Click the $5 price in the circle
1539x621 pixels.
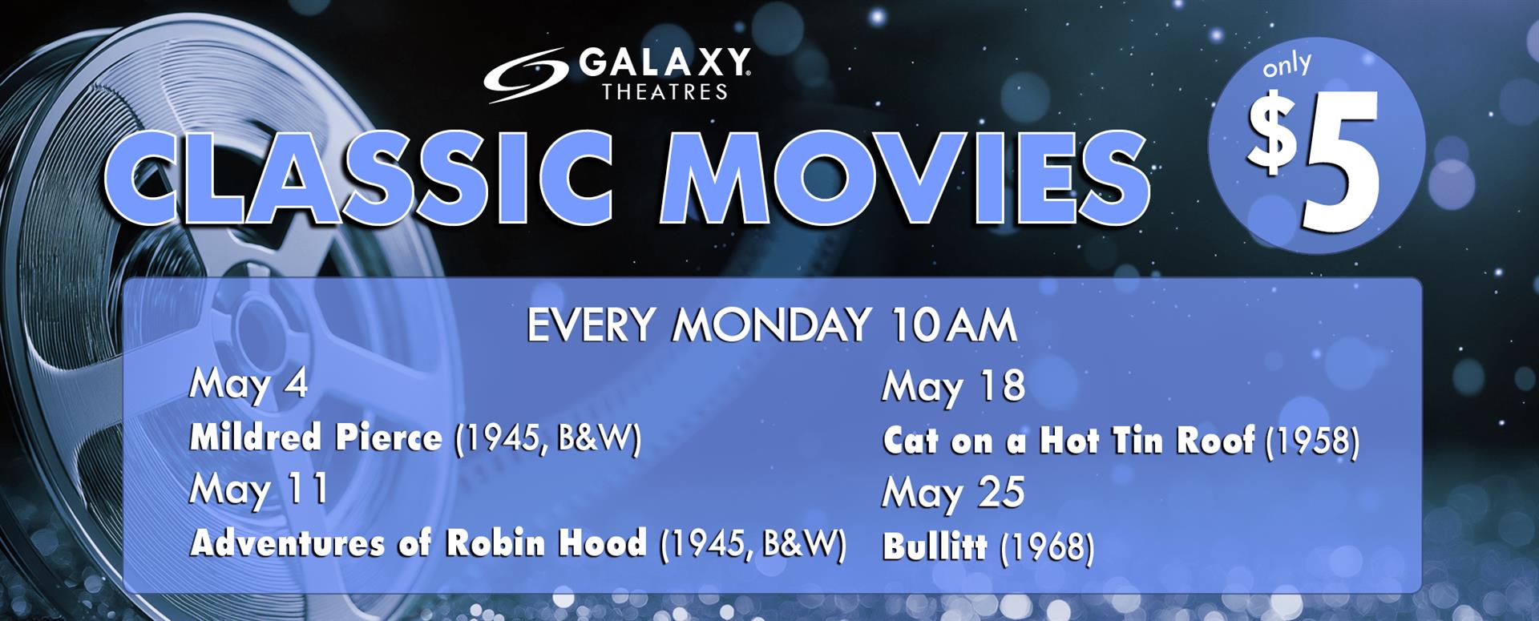(x=1315, y=160)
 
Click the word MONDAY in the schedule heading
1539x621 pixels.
(x=773, y=326)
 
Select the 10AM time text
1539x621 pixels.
(x=955, y=326)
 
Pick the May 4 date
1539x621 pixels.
(x=248, y=385)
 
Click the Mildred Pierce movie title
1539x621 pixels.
(x=315, y=438)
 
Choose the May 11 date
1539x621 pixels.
(x=258, y=490)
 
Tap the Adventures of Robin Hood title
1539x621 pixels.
(x=418, y=542)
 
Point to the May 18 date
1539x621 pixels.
(x=953, y=387)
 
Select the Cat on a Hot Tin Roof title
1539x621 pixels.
(x=1068, y=441)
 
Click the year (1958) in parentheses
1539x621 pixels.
(x=1311, y=442)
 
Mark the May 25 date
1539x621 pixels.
(x=953, y=493)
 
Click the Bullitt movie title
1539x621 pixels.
(x=935, y=547)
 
